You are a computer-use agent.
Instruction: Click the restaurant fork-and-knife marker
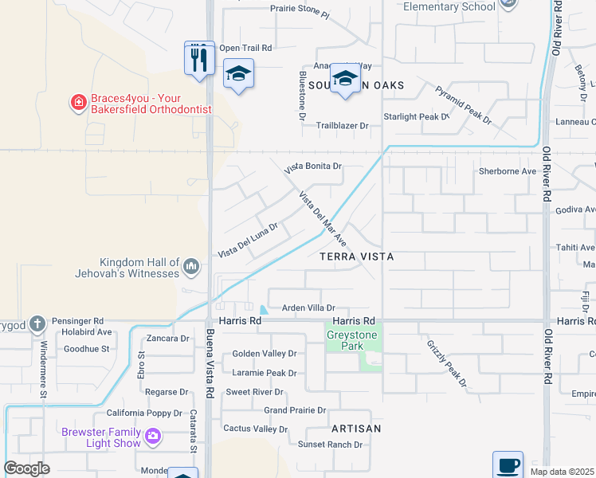coord(199,58)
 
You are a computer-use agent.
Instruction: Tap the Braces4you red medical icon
coord(78,102)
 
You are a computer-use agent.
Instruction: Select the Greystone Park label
coord(351,341)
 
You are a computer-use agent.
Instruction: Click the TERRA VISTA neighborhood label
coord(357,258)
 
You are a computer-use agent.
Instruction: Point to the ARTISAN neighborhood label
coord(357,429)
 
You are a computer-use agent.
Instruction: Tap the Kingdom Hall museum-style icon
coord(190,265)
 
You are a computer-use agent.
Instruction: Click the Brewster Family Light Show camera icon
coord(153,436)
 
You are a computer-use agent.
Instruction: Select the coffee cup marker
coord(508,464)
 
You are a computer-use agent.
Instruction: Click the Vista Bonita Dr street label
coord(313,167)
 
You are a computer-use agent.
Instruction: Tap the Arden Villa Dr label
coord(308,308)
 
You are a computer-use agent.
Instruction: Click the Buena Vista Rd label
coord(210,365)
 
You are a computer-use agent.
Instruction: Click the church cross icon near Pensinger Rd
coord(37,323)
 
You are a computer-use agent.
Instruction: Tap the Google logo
coord(27,468)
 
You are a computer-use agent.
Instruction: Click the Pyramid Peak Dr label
coord(464,103)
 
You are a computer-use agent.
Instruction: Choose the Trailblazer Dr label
coord(342,126)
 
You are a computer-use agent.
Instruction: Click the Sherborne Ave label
coord(507,171)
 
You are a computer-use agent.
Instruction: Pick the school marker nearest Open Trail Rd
coord(238,75)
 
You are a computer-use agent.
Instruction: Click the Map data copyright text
coord(562,472)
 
